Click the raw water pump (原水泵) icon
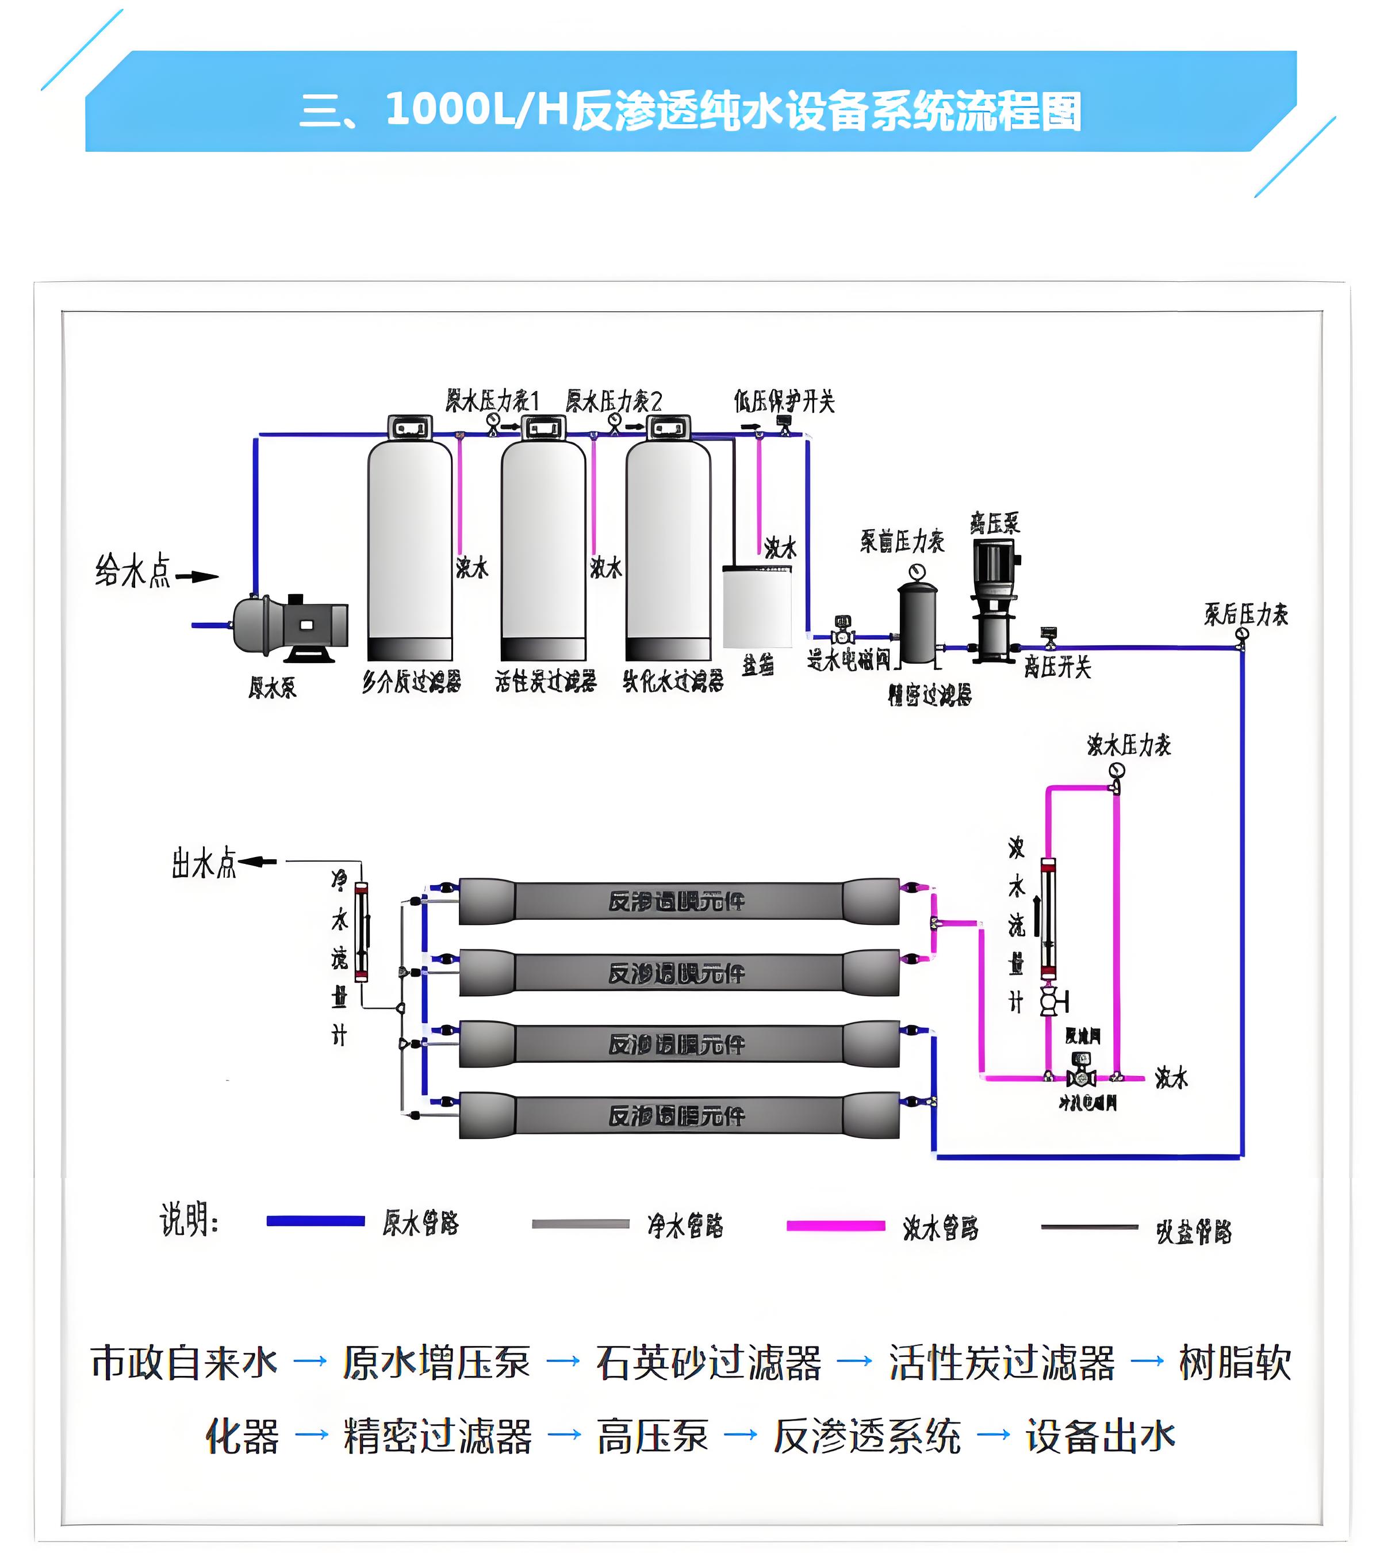[x=289, y=627]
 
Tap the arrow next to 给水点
[x=197, y=576]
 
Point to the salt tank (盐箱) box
[x=757, y=606]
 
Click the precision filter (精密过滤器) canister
[x=918, y=623]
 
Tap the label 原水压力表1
[x=492, y=400]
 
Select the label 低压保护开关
[x=784, y=400]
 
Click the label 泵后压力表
[x=1245, y=614]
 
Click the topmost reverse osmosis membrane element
[x=678, y=901]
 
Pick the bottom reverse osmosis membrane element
[x=678, y=1115]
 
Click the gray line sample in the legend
[x=580, y=1223]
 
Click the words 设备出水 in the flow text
[x=1100, y=1436]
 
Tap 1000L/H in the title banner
[x=477, y=109]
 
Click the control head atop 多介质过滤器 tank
[x=410, y=428]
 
